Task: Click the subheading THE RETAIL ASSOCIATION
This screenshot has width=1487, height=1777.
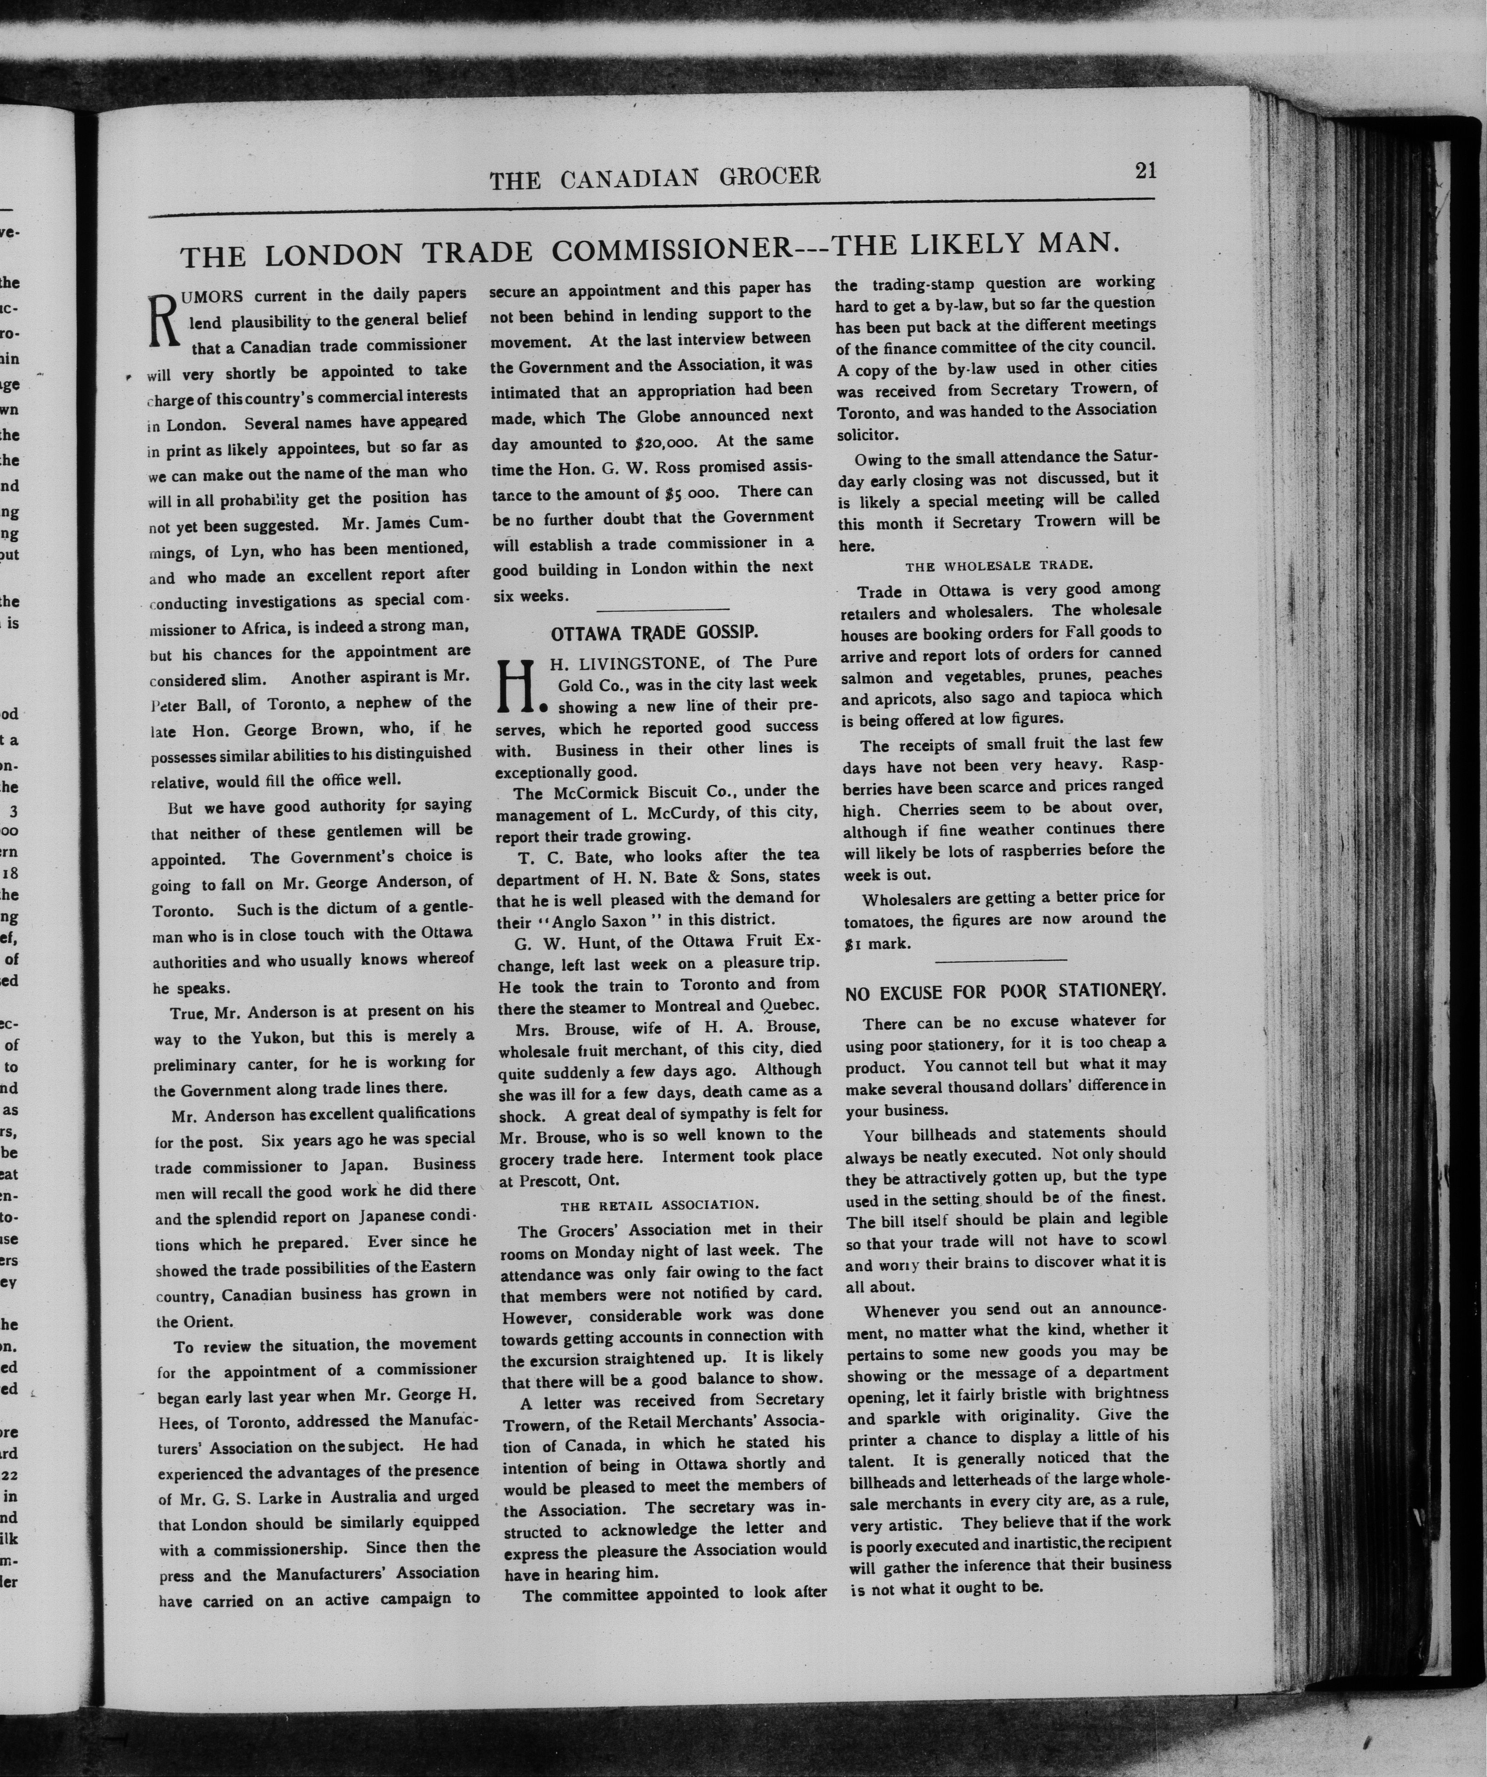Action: pos(659,1204)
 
